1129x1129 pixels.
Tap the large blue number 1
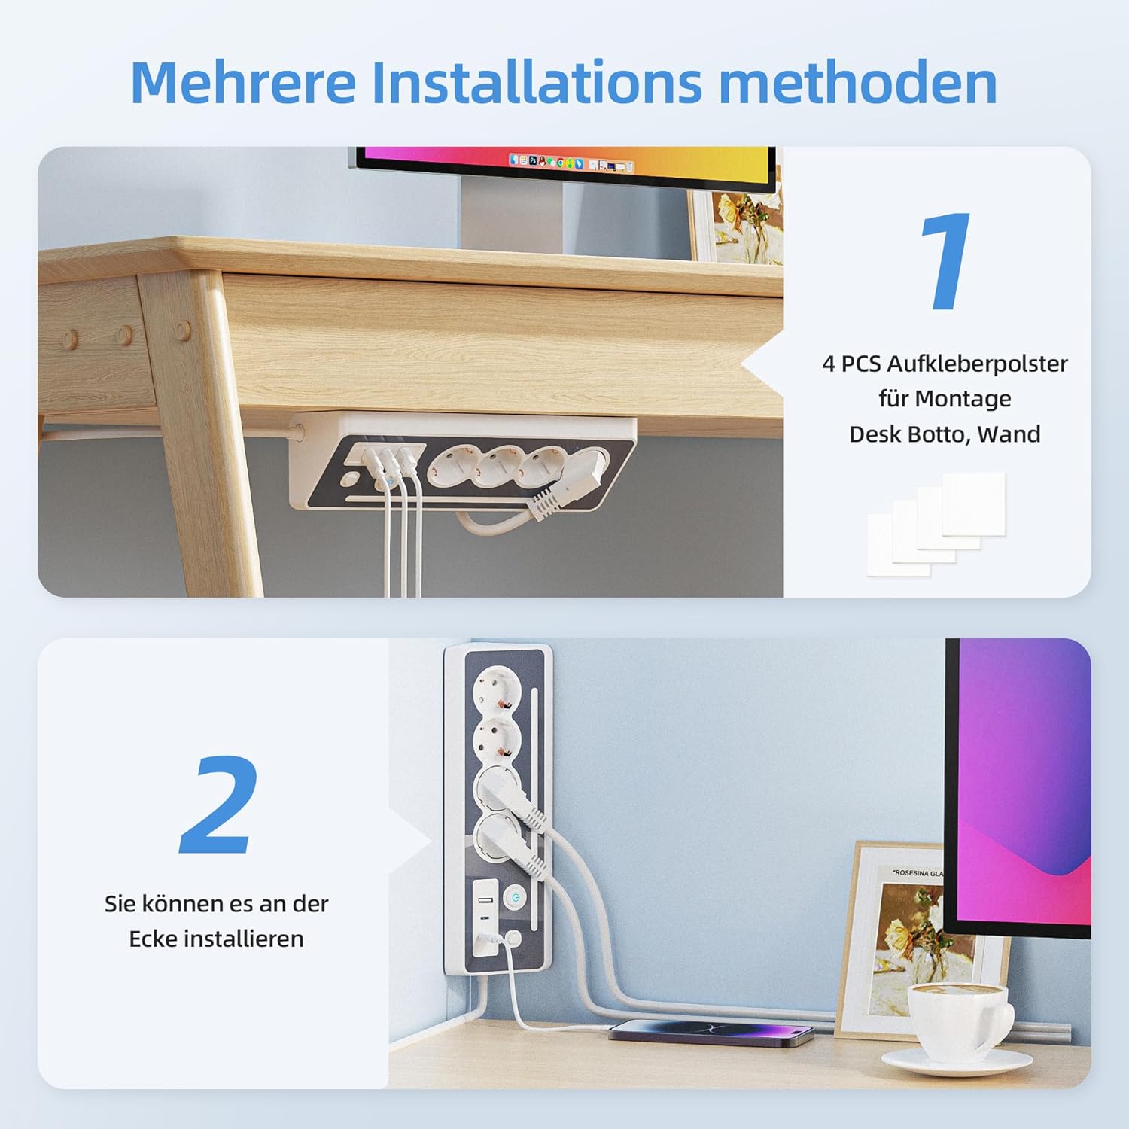pos(945,260)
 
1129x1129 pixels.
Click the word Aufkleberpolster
pos(977,364)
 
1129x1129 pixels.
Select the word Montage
pos(970,398)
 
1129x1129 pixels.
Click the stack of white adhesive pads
pos(936,525)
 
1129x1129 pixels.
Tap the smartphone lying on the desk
pos(711,1030)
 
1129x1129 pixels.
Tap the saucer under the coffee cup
pos(957,1061)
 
